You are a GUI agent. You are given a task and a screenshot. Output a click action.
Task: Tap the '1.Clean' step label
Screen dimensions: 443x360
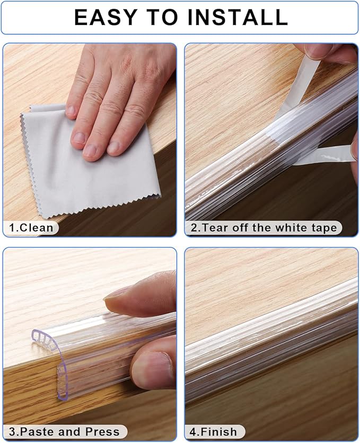tap(31, 228)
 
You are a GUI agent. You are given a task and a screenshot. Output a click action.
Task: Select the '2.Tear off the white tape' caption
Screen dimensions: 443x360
tap(264, 228)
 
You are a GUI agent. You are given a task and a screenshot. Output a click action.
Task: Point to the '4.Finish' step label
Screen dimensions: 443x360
tap(215, 432)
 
